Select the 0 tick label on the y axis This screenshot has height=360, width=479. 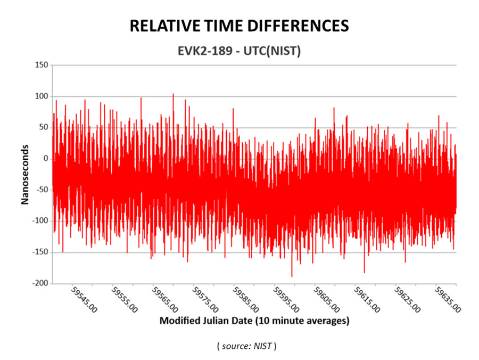pos(46,159)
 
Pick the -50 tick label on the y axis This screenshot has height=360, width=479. pos(42,190)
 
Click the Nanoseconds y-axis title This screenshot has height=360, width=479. pos(24,174)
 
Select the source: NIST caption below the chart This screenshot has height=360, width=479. pos(246,346)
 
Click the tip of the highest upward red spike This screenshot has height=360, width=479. pos(173,94)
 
